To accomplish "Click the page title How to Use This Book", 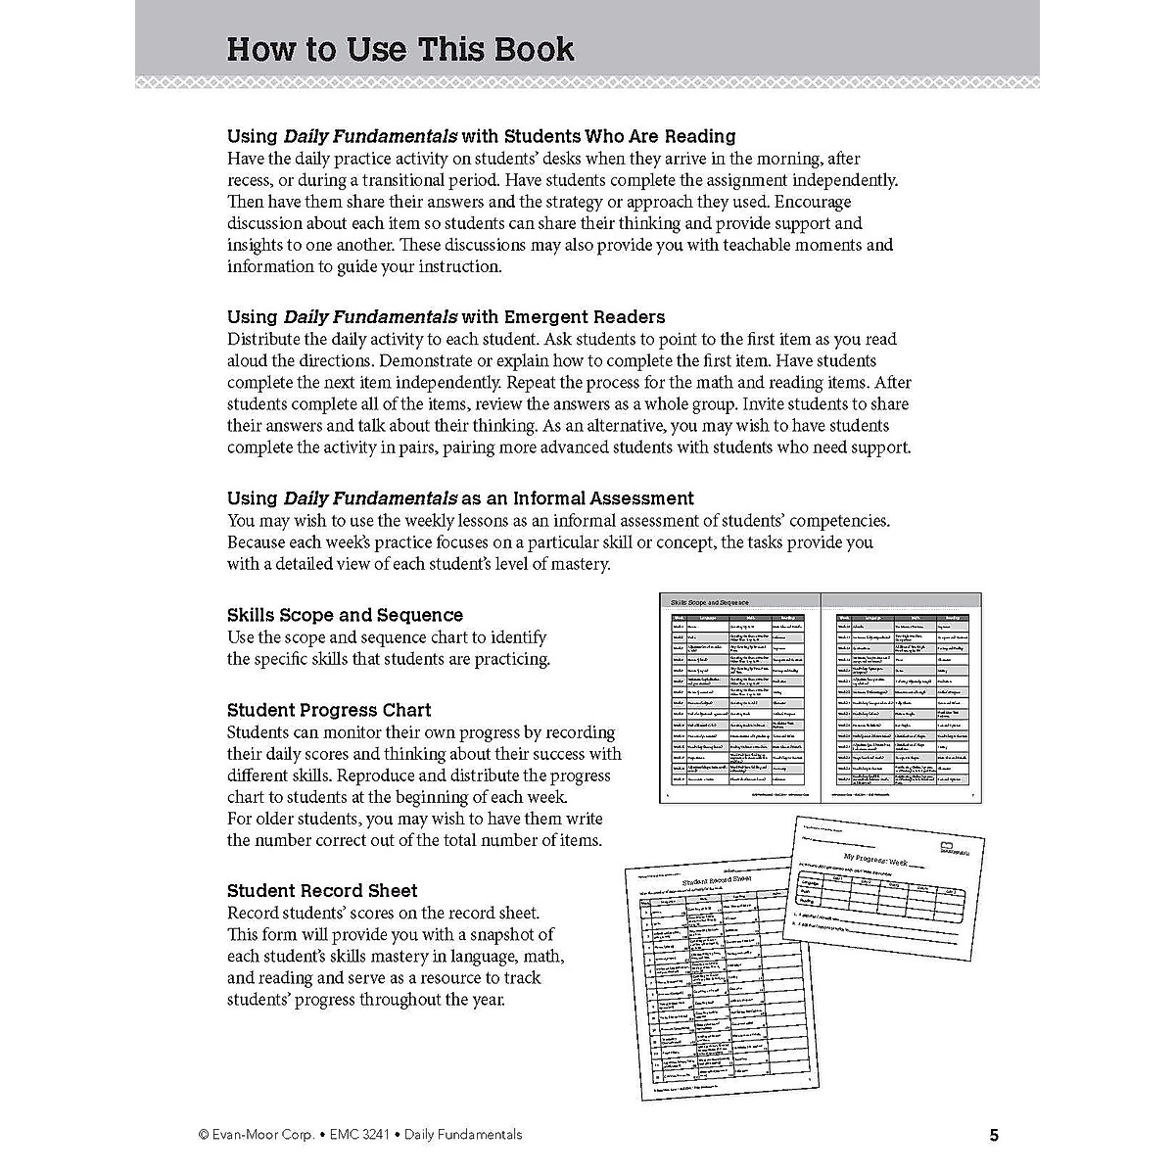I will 400,49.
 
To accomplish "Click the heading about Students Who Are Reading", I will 481,136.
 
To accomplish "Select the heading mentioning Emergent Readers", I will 446,317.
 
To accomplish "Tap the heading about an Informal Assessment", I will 460,498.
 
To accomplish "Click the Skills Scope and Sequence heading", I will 345,615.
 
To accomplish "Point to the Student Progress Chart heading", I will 329,710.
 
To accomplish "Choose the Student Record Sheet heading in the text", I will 322,891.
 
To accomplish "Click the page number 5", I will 994,1136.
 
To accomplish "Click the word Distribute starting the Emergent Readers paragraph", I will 267,340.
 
